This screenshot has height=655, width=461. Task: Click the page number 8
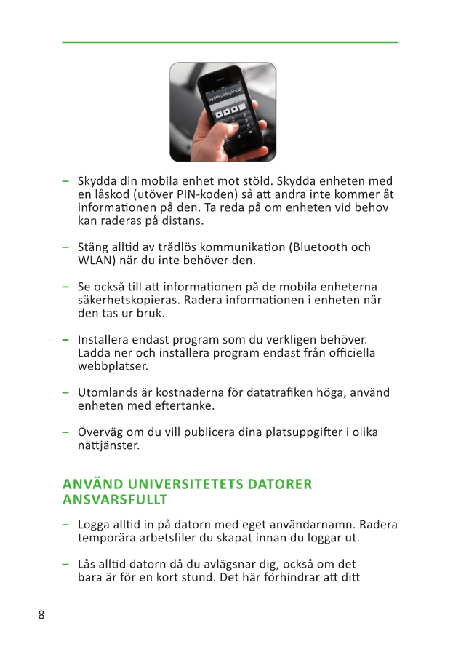tap(41, 614)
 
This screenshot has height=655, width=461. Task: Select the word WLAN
tap(95, 260)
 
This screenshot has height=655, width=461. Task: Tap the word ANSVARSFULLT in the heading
tap(115, 500)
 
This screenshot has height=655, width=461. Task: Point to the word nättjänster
tap(108, 445)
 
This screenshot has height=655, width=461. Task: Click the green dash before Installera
tap(65, 339)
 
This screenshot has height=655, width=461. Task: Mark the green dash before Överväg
tap(65, 432)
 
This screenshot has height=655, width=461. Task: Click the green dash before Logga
tap(65, 525)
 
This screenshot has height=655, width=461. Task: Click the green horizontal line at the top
tap(230, 42)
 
